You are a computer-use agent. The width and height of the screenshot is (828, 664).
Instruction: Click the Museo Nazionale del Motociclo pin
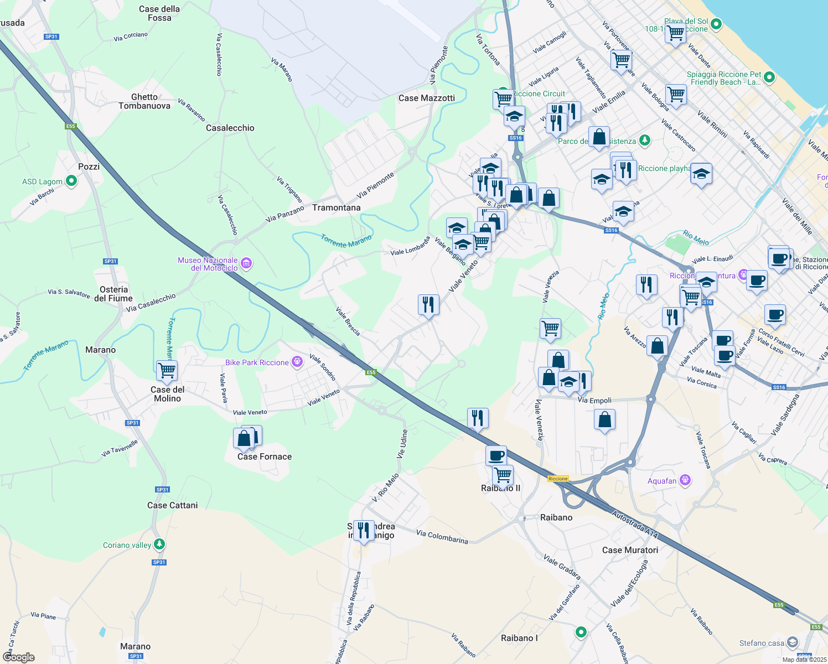coord(247,264)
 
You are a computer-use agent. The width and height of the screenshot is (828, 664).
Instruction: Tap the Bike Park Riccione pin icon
coord(297,362)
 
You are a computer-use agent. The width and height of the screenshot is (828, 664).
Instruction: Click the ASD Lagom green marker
coord(71,181)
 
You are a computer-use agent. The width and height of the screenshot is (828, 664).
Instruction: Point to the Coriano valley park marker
coord(159,544)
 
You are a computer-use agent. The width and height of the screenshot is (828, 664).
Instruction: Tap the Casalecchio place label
coord(230,128)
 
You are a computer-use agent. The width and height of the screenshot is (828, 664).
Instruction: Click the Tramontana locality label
coord(336,207)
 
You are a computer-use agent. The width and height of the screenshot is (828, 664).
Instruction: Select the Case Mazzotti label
coord(426,98)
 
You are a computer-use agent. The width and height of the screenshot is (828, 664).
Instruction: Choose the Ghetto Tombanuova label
coord(144,101)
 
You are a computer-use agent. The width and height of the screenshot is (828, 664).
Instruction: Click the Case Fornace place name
coord(264,456)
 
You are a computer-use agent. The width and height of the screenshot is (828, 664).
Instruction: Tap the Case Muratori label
coord(630,550)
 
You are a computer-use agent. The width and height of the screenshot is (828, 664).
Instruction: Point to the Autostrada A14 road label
coord(635,524)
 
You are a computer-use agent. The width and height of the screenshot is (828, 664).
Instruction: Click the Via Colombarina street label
coord(442,537)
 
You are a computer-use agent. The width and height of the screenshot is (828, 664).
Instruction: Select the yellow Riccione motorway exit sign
coord(558,479)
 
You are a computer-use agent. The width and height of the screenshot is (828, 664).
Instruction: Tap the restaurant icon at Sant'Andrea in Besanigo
coord(364,530)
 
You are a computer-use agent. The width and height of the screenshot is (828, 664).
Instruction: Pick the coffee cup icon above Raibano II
coord(496,455)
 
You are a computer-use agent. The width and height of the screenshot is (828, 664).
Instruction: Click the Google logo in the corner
coord(18,657)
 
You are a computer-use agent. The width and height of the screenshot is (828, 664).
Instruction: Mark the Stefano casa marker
coord(792,642)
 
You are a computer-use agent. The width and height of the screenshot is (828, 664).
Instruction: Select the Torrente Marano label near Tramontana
coord(346,241)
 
